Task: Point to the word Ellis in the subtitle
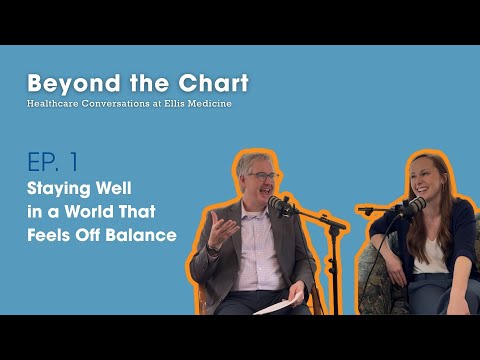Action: (x=187, y=104)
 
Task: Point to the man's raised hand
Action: (x=222, y=228)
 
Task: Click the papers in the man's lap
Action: (x=279, y=304)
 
